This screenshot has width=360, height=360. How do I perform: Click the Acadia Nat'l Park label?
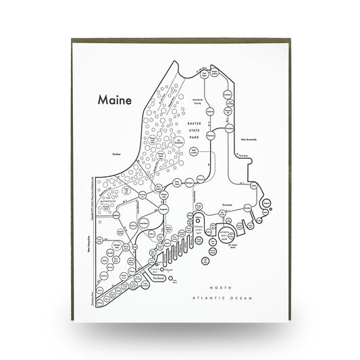(x=226, y=236)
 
